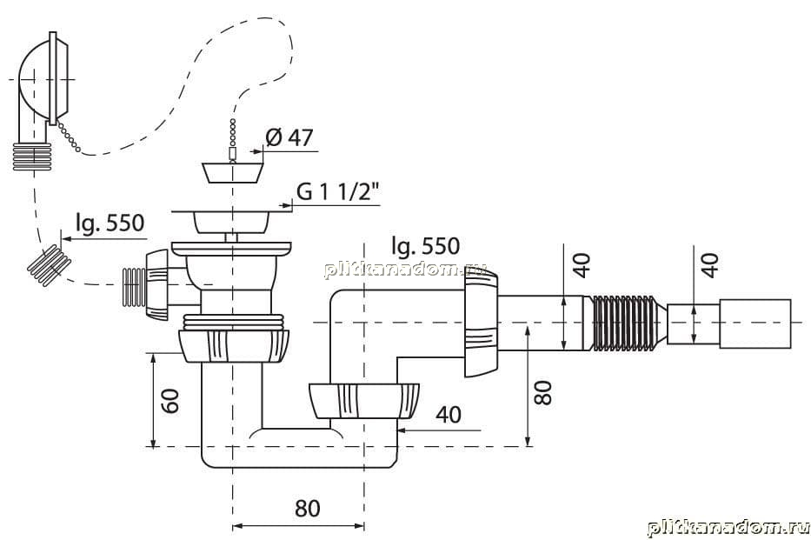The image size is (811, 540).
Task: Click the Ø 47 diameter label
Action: [x=289, y=137]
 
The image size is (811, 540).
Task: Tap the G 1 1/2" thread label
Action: [x=338, y=192]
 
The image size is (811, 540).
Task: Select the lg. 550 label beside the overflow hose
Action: [x=110, y=223]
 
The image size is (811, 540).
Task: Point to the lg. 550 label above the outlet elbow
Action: [x=426, y=246]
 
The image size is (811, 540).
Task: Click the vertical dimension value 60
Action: [x=170, y=400]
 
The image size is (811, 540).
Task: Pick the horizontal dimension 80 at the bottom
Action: [x=307, y=509]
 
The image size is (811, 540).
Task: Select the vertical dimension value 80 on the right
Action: [x=543, y=392]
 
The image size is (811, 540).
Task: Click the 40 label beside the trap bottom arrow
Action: [x=449, y=414]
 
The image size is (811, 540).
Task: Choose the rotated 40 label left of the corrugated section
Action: [x=581, y=265]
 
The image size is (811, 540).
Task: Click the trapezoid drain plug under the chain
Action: [x=232, y=172]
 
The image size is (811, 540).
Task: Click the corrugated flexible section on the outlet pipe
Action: [x=625, y=322]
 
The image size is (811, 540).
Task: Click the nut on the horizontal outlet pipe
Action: [x=481, y=323]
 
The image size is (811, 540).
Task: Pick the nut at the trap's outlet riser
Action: [x=363, y=400]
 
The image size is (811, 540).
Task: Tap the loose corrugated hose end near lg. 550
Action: [x=50, y=265]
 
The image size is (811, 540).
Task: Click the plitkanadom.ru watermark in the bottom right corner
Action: [x=728, y=528]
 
